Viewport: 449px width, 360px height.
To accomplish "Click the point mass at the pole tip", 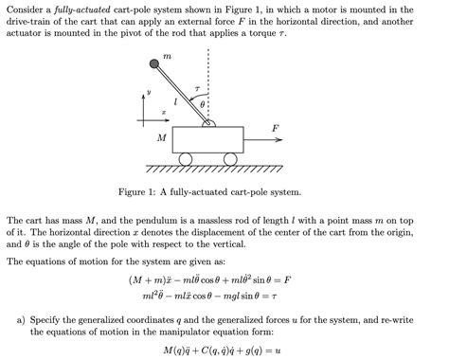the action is point(153,64).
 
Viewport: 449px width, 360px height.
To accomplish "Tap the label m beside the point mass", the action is point(168,57).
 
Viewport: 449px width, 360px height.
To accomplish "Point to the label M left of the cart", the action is point(161,138).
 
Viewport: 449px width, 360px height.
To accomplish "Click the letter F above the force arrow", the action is point(275,126).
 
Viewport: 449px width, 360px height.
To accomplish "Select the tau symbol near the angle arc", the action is point(197,88).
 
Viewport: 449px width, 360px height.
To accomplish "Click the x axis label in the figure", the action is point(163,111).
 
